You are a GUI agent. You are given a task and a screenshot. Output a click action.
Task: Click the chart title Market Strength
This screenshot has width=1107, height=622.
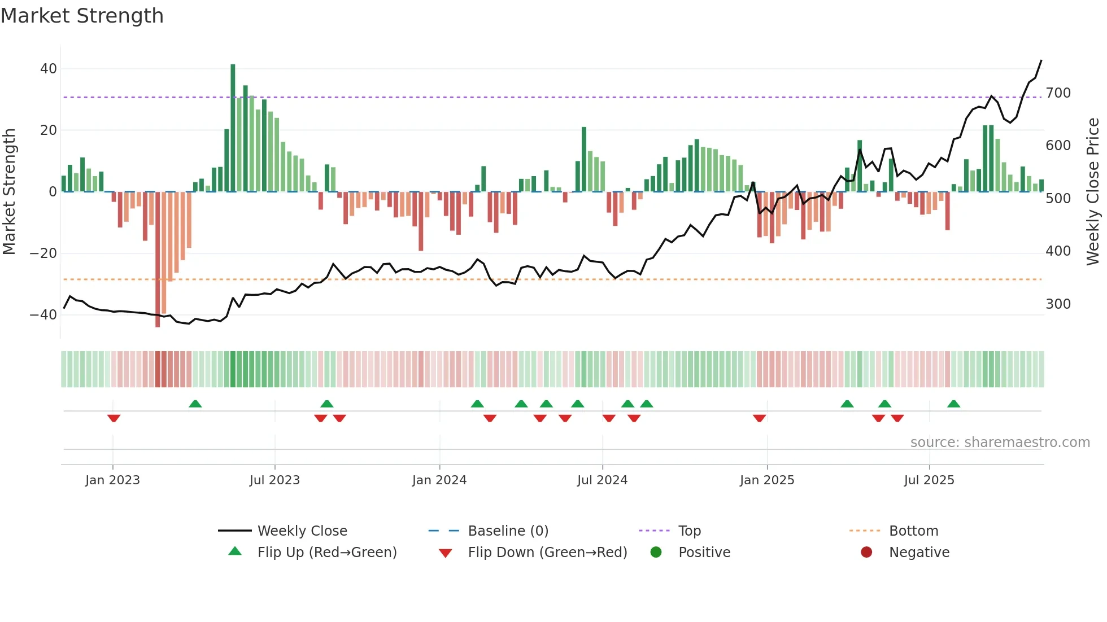[x=82, y=16]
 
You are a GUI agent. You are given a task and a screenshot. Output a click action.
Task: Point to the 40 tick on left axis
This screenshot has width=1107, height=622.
[x=49, y=69]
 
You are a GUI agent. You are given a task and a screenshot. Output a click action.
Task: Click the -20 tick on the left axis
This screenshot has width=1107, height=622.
[x=43, y=253]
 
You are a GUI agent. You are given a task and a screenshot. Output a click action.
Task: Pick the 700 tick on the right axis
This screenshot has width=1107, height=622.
[x=1058, y=93]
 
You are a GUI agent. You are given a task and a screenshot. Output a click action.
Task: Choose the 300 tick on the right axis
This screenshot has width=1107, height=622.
[x=1058, y=304]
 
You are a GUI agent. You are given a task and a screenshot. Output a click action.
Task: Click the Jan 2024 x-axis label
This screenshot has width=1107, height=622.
[x=439, y=480]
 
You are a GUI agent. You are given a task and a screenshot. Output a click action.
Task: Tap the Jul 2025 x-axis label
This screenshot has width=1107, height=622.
[x=929, y=480]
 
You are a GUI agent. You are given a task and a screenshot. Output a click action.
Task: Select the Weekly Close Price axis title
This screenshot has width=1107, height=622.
[x=1093, y=192]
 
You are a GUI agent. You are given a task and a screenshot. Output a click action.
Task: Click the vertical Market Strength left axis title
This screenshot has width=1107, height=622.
[x=9, y=192]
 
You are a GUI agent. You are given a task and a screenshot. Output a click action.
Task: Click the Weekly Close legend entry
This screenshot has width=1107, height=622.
[x=302, y=531]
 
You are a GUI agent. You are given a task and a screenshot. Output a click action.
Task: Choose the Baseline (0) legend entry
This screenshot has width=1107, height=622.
[x=508, y=531]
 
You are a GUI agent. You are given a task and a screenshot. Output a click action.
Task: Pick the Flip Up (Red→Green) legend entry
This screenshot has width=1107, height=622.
[x=327, y=553]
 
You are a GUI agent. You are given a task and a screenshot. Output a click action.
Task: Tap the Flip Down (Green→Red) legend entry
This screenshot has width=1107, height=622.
[x=547, y=553]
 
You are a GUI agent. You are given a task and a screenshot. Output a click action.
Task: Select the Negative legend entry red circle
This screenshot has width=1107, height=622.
[x=866, y=552]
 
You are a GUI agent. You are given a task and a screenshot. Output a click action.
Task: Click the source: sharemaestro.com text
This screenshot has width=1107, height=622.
[x=1000, y=443]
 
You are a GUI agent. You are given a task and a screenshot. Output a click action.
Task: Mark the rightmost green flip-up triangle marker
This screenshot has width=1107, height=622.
[x=953, y=404]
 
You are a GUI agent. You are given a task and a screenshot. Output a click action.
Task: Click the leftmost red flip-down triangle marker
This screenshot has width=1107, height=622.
[x=114, y=418]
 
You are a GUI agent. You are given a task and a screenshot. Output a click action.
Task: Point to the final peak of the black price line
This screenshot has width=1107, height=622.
[x=1041, y=61]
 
